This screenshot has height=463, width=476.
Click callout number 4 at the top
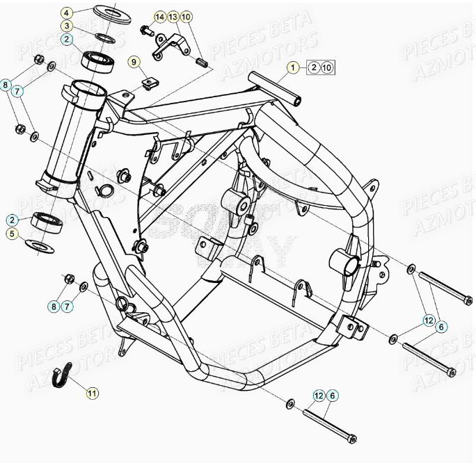(66, 13)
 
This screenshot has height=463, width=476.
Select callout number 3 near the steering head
(66, 26)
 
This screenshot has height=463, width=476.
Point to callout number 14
(160, 16)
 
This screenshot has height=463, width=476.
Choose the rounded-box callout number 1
(294, 67)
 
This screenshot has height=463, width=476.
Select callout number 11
(93, 393)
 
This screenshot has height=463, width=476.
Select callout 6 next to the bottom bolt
(333, 396)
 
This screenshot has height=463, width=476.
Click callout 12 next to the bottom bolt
(319, 396)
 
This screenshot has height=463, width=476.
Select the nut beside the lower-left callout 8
(69, 278)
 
